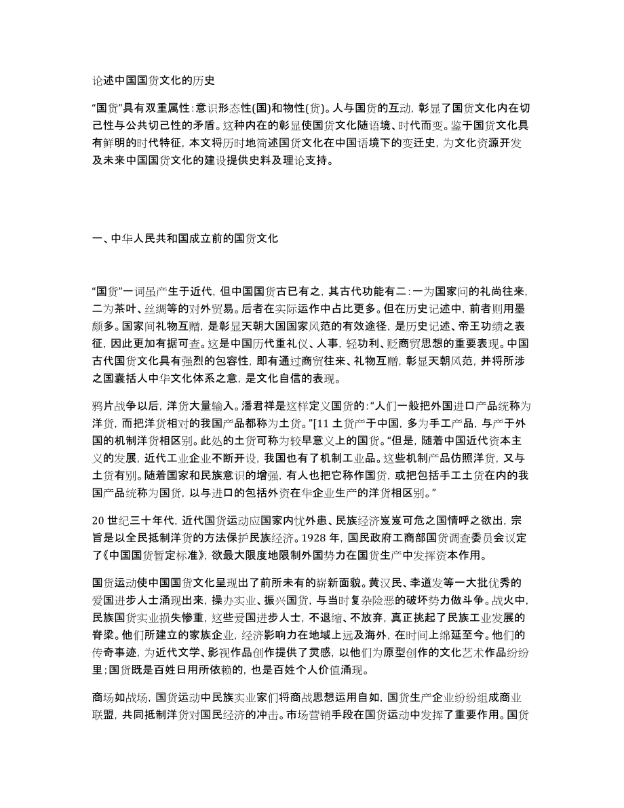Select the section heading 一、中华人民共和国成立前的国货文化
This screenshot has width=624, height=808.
(x=184, y=238)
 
